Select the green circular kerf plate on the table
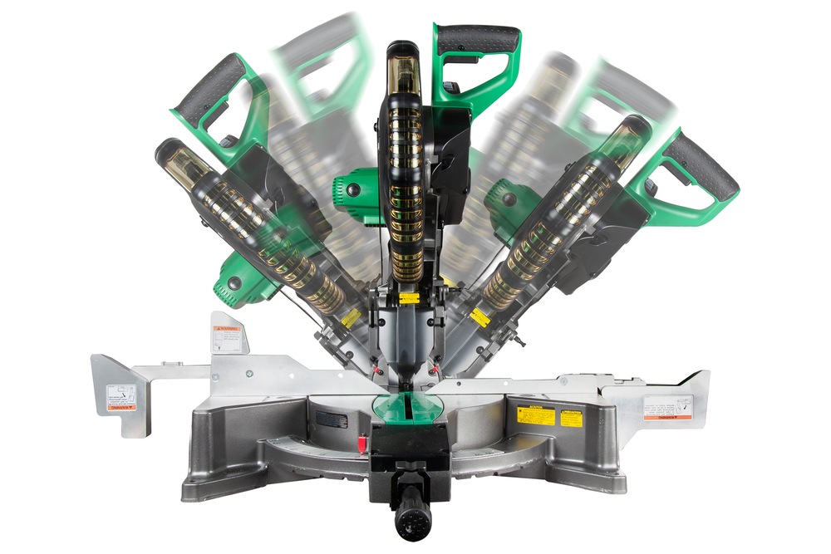point(415,405)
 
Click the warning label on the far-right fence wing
point(667,408)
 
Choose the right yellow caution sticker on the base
point(571,417)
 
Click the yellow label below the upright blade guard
point(408,298)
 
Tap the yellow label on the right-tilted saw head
point(479,316)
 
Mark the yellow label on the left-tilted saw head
point(351,318)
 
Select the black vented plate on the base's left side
point(332,419)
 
